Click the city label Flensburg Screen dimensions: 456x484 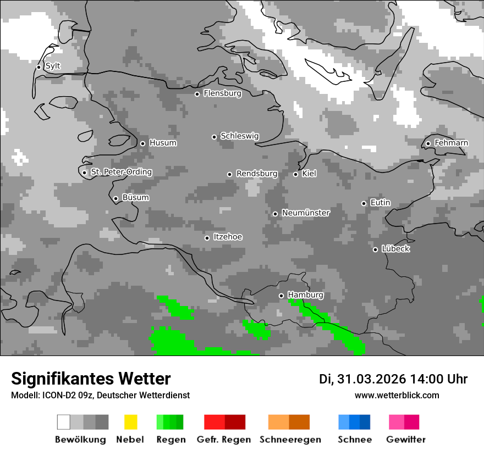[222, 93]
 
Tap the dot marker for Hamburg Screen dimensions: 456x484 [281, 296]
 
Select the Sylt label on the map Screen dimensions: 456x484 [53, 66]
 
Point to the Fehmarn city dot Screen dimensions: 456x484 [428, 143]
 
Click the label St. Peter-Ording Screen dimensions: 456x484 [121, 172]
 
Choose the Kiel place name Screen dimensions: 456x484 [309, 174]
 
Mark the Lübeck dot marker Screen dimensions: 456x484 [375, 249]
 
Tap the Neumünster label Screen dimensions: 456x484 [306, 213]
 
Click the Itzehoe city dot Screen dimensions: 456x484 [207, 238]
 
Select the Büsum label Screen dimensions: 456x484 [135, 198]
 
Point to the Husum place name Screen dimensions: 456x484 [163, 143]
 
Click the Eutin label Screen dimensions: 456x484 [380, 203]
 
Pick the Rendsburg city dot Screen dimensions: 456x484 [229, 174]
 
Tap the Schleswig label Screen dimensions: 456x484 [239, 136]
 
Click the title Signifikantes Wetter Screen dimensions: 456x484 [91, 379]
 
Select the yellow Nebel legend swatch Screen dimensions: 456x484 [130, 422]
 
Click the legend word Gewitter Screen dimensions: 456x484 [405, 440]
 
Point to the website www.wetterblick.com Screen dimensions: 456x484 [397, 395]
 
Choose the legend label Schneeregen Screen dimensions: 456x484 [290, 440]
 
